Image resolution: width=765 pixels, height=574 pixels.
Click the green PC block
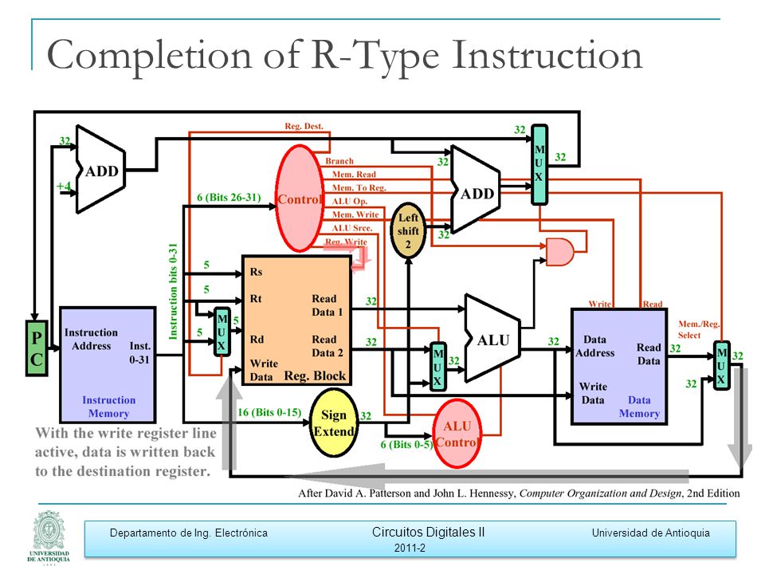coord(37,348)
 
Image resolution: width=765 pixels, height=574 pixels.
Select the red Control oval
coord(300,199)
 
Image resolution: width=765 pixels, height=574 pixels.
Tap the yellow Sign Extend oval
coord(334,423)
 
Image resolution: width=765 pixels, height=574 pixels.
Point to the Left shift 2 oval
coord(408,230)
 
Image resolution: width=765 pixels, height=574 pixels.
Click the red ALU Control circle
coord(457,434)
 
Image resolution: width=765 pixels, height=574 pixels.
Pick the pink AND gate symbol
coord(560,252)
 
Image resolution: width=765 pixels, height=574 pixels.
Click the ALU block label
coord(493,340)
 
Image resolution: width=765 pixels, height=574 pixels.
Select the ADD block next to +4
coord(100,169)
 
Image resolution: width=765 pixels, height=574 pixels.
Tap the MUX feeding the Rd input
coord(222,332)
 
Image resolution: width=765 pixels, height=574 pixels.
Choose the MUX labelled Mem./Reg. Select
coord(722,366)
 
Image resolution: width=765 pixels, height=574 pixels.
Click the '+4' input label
coord(64,186)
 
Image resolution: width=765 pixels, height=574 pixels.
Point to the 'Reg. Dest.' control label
coord(304,126)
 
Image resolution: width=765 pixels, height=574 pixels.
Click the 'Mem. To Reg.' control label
coord(359,187)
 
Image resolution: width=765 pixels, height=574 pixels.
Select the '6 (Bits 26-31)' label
coord(229,198)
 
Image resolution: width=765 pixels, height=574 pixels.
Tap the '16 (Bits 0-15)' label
coord(269,412)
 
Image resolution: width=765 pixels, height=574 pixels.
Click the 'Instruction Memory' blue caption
coord(108,407)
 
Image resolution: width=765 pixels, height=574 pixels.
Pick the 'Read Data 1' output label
coord(328,305)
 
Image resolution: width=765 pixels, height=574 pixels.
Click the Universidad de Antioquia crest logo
coord(49,537)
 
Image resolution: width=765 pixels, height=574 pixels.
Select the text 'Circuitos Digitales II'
coord(429,532)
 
